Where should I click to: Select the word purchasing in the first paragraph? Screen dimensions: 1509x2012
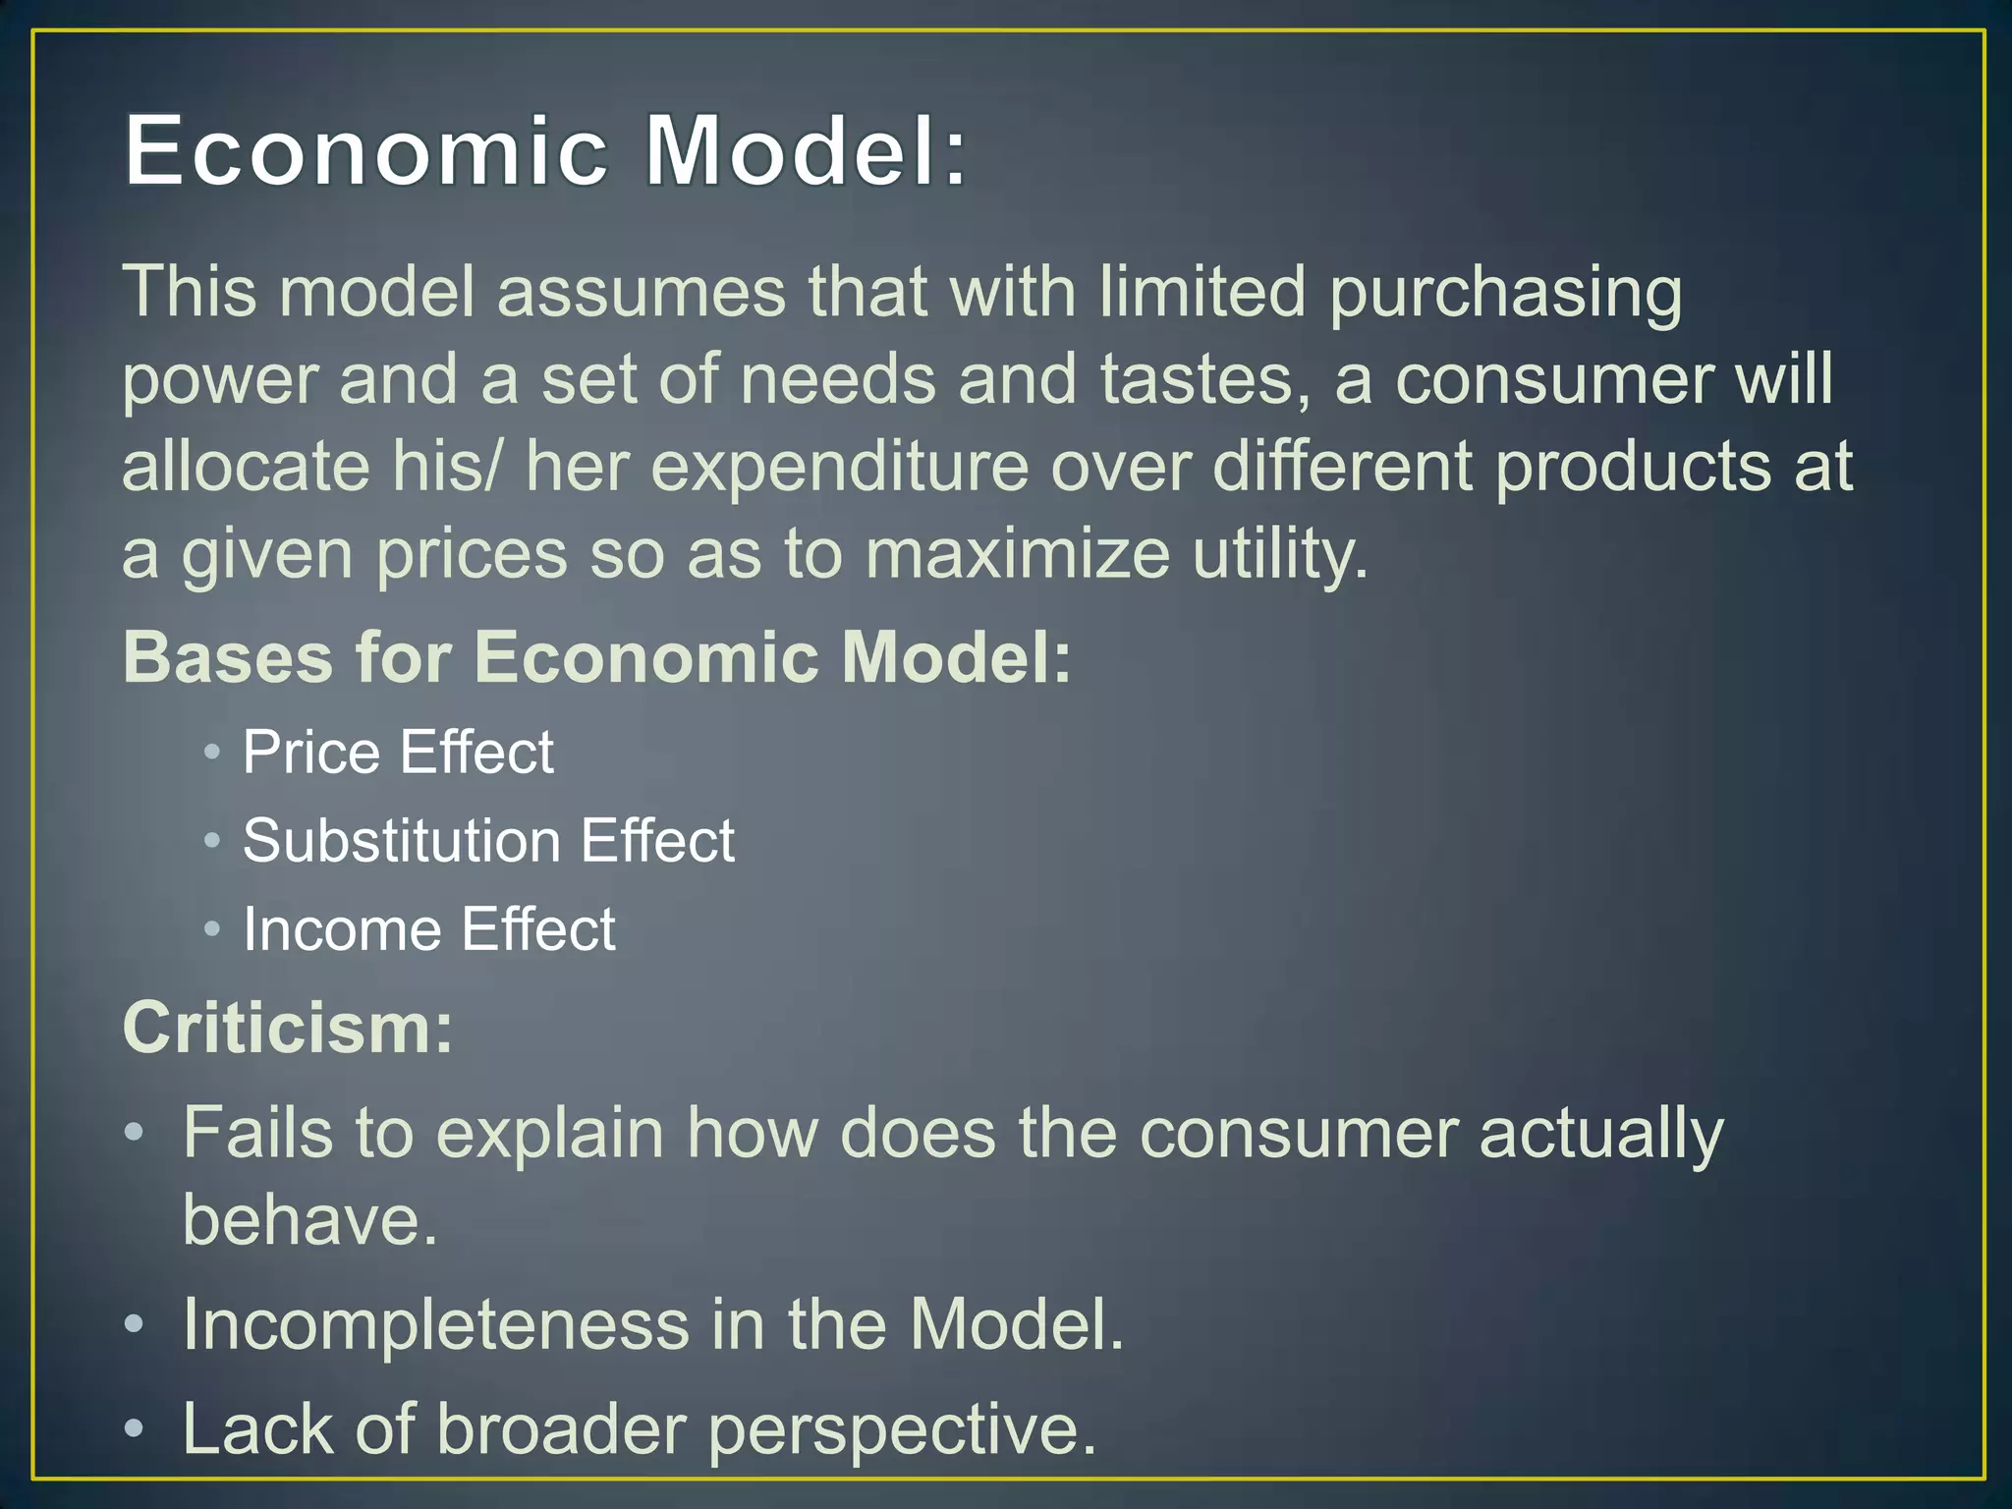coord(1505,293)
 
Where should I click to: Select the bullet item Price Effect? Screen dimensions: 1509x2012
coord(398,753)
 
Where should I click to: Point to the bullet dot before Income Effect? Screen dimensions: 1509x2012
coord(212,928)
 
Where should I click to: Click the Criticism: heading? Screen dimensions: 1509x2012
coord(288,1029)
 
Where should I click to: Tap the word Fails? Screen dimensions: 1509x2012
coord(258,1133)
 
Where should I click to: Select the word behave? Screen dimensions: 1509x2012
coord(309,1220)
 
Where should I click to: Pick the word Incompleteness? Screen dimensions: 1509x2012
coord(436,1324)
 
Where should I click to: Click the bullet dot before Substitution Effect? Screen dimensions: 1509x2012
coord(212,840)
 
